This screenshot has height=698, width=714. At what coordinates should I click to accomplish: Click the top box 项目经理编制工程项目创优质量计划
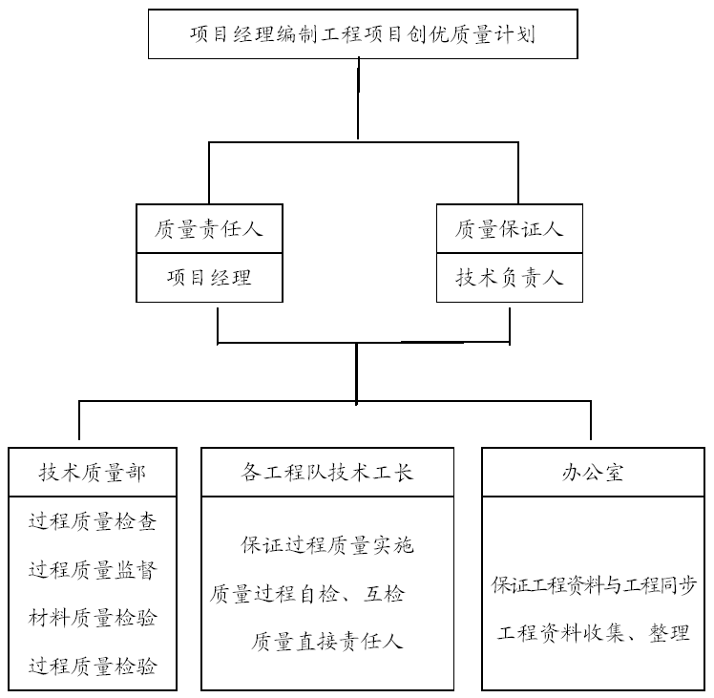click(363, 34)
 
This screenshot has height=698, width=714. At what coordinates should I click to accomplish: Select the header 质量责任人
click(209, 229)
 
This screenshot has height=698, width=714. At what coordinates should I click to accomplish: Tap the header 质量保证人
click(510, 229)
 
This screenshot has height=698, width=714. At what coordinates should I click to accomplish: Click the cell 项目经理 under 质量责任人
click(209, 278)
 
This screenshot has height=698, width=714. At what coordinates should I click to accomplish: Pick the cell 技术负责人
click(510, 278)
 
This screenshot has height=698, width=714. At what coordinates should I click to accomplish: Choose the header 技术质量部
click(93, 473)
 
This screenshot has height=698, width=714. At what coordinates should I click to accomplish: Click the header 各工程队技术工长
click(327, 473)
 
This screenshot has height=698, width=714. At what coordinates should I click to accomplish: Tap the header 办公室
click(594, 473)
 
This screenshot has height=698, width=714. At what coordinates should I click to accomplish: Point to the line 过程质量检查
click(93, 521)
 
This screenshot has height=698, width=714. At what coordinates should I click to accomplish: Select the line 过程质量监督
click(93, 570)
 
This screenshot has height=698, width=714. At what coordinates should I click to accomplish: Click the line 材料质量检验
click(93, 618)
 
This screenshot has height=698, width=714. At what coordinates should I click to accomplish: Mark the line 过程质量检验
click(93, 666)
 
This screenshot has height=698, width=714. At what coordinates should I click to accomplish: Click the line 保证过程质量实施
click(327, 545)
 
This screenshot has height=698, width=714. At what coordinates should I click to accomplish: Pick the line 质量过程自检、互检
click(307, 594)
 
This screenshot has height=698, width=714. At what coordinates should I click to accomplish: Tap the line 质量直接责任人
click(327, 642)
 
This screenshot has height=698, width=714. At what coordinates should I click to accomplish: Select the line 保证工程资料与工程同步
click(594, 585)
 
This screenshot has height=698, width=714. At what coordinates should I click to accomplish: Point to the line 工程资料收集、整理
click(594, 633)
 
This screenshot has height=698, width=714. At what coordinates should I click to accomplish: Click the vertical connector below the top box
click(358, 99)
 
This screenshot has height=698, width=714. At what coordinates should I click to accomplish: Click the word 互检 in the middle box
click(384, 594)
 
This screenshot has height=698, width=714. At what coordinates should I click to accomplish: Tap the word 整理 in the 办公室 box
click(669, 633)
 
